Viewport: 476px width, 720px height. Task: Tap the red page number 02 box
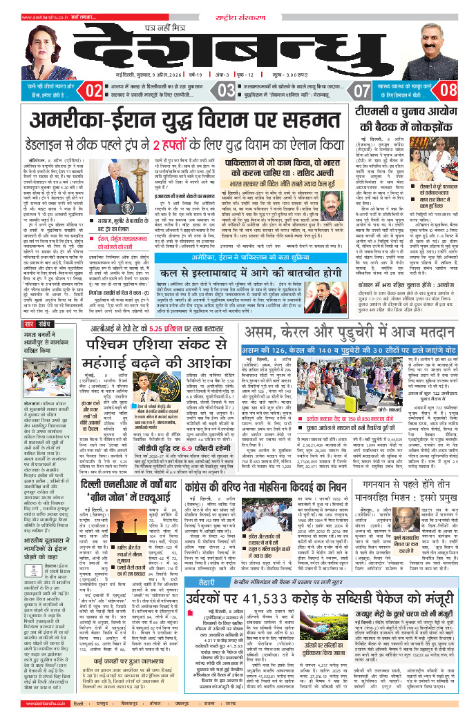coord(94,90)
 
